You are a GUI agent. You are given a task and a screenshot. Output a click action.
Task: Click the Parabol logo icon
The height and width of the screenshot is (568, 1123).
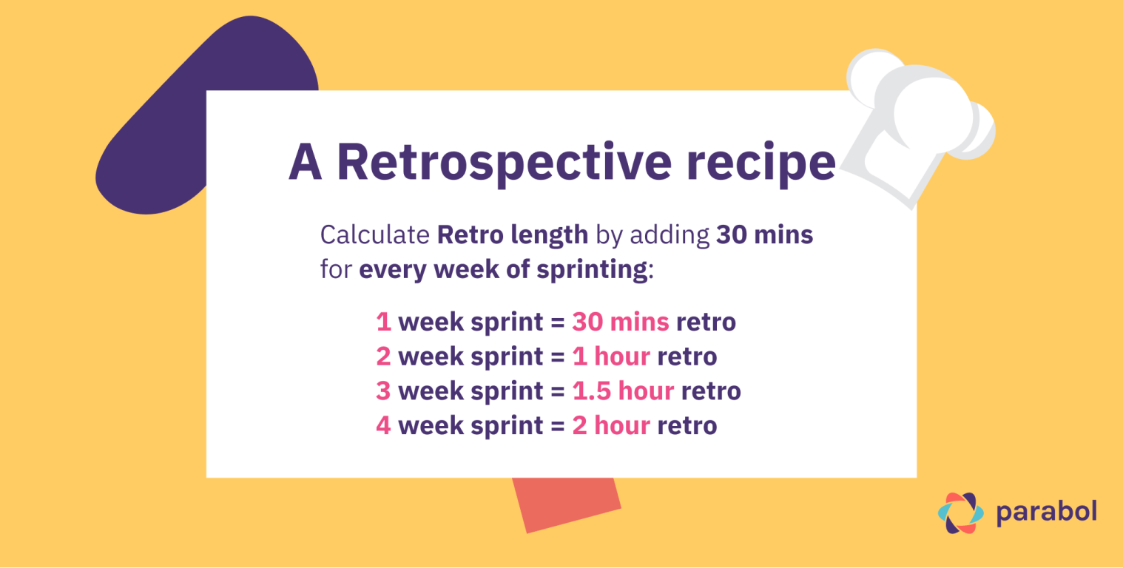click(960, 513)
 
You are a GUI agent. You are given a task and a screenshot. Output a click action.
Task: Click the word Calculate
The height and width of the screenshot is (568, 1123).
click(375, 234)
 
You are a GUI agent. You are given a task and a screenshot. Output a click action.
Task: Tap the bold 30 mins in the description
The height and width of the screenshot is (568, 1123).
click(764, 234)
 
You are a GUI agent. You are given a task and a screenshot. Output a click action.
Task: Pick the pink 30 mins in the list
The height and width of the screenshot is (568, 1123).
click(621, 322)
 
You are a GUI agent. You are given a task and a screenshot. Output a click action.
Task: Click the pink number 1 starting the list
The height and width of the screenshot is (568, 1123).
click(383, 322)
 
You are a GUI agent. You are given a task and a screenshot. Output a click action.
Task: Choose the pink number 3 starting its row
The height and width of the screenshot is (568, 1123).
click(383, 391)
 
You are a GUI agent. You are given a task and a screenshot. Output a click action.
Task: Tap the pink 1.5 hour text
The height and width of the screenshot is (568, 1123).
click(623, 391)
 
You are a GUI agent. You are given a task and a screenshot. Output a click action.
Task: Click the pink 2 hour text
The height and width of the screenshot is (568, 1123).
click(611, 425)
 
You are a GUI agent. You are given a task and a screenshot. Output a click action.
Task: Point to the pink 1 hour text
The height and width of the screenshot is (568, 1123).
click(611, 356)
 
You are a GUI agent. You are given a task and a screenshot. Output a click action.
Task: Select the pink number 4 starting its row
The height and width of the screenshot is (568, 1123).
click(383, 425)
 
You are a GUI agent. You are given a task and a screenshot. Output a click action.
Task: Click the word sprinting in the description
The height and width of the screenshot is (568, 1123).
click(592, 270)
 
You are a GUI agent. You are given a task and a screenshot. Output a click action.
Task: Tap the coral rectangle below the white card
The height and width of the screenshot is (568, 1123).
click(567, 504)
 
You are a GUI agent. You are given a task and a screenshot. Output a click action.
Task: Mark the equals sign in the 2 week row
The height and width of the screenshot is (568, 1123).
click(558, 357)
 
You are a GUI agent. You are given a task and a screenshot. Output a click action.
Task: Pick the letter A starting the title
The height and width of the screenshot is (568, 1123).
click(305, 163)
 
